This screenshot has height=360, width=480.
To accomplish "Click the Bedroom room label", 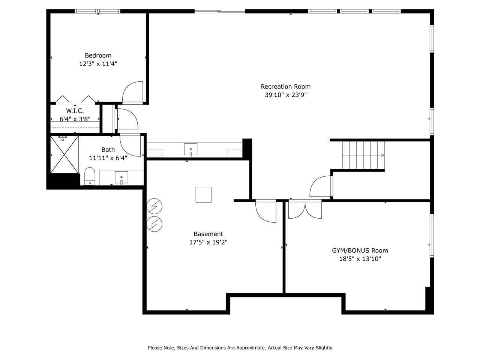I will [98, 55].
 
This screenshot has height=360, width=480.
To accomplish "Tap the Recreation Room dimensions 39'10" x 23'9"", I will [286, 95].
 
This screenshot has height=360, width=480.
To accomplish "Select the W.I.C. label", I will [75, 111].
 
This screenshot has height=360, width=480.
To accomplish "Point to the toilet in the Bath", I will [90, 176].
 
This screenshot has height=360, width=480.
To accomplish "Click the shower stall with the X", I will [64, 154].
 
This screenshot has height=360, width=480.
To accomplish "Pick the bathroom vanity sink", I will [121, 177].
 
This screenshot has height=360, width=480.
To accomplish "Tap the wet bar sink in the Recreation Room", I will [190, 149].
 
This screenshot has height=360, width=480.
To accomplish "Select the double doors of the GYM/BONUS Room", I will [305, 210].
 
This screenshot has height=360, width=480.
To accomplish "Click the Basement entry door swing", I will [266, 211].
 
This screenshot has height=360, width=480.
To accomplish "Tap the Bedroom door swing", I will [133, 92].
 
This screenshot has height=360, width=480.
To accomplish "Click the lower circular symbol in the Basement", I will [154, 224].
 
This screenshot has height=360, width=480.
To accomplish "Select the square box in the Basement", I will [203, 195].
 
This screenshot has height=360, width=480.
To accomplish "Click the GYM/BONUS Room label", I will [360, 250].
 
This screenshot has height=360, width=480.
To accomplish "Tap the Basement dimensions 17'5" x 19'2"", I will [208, 242].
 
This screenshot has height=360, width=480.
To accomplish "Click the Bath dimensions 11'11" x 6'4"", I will [108, 158].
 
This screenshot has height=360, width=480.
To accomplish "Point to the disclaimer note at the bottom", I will [240, 348].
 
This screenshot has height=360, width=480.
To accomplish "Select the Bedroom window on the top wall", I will [98, 11].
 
